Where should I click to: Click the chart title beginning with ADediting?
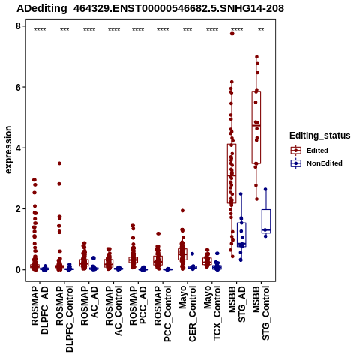pos(151,8)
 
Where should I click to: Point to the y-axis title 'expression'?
pos(8,150)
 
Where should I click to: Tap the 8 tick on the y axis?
pos(18,26)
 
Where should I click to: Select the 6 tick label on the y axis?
pos(18,87)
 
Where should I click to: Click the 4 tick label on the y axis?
pos(18,148)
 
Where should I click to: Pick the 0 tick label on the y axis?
pos(18,270)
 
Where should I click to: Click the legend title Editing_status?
pos(320,136)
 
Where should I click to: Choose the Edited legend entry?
pos(317,151)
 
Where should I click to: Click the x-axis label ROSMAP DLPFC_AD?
pos(40,310)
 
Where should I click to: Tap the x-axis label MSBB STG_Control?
pos(261,313)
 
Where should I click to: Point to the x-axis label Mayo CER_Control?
pos(187,313)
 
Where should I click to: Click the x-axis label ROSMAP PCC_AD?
pos(138,305)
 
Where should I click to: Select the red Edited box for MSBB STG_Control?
pos(256,127)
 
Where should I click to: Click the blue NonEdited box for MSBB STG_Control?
pos(266,221)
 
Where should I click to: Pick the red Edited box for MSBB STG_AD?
pos(232,173)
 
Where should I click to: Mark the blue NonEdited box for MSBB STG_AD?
pos(241,235)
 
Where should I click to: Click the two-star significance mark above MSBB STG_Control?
pos(261,30)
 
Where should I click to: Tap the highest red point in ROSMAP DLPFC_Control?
pos(59,163)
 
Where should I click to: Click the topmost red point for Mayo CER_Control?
pos(182,211)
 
